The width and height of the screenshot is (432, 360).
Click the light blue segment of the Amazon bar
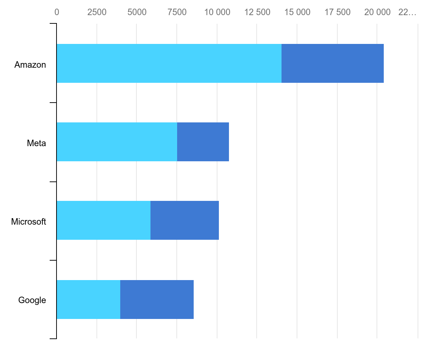click(x=169, y=63)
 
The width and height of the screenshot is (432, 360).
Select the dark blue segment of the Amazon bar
click(x=333, y=63)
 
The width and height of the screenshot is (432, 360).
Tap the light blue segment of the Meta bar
click(x=117, y=142)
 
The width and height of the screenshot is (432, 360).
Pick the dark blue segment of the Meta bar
click(x=203, y=142)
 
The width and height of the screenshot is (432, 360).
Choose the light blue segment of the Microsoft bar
click(x=104, y=220)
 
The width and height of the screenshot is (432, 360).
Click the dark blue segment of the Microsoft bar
click(x=185, y=220)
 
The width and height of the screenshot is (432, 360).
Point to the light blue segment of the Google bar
click(x=89, y=300)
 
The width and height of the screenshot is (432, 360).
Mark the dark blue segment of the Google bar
click(x=157, y=300)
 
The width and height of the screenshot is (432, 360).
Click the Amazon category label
click(x=30, y=65)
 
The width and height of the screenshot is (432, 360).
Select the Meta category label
click(x=36, y=143)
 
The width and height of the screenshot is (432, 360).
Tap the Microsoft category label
click(x=28, y=222)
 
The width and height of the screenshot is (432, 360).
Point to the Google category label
click(x=32, y=300)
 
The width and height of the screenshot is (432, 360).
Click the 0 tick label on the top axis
click(x=57, y=12)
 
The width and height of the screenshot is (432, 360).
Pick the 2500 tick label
click(x=96, y=12)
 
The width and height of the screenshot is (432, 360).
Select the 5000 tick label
click(x=137, y=12)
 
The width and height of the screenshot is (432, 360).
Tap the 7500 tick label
click(x=177, y=12)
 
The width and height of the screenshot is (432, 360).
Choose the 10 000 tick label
click(x=217, y=12)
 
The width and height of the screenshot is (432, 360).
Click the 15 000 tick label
click(x=297, y=12)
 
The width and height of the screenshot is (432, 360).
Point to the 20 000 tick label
click(x=377, y=12)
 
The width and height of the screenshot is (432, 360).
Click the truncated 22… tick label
click(x=407, y=12)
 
